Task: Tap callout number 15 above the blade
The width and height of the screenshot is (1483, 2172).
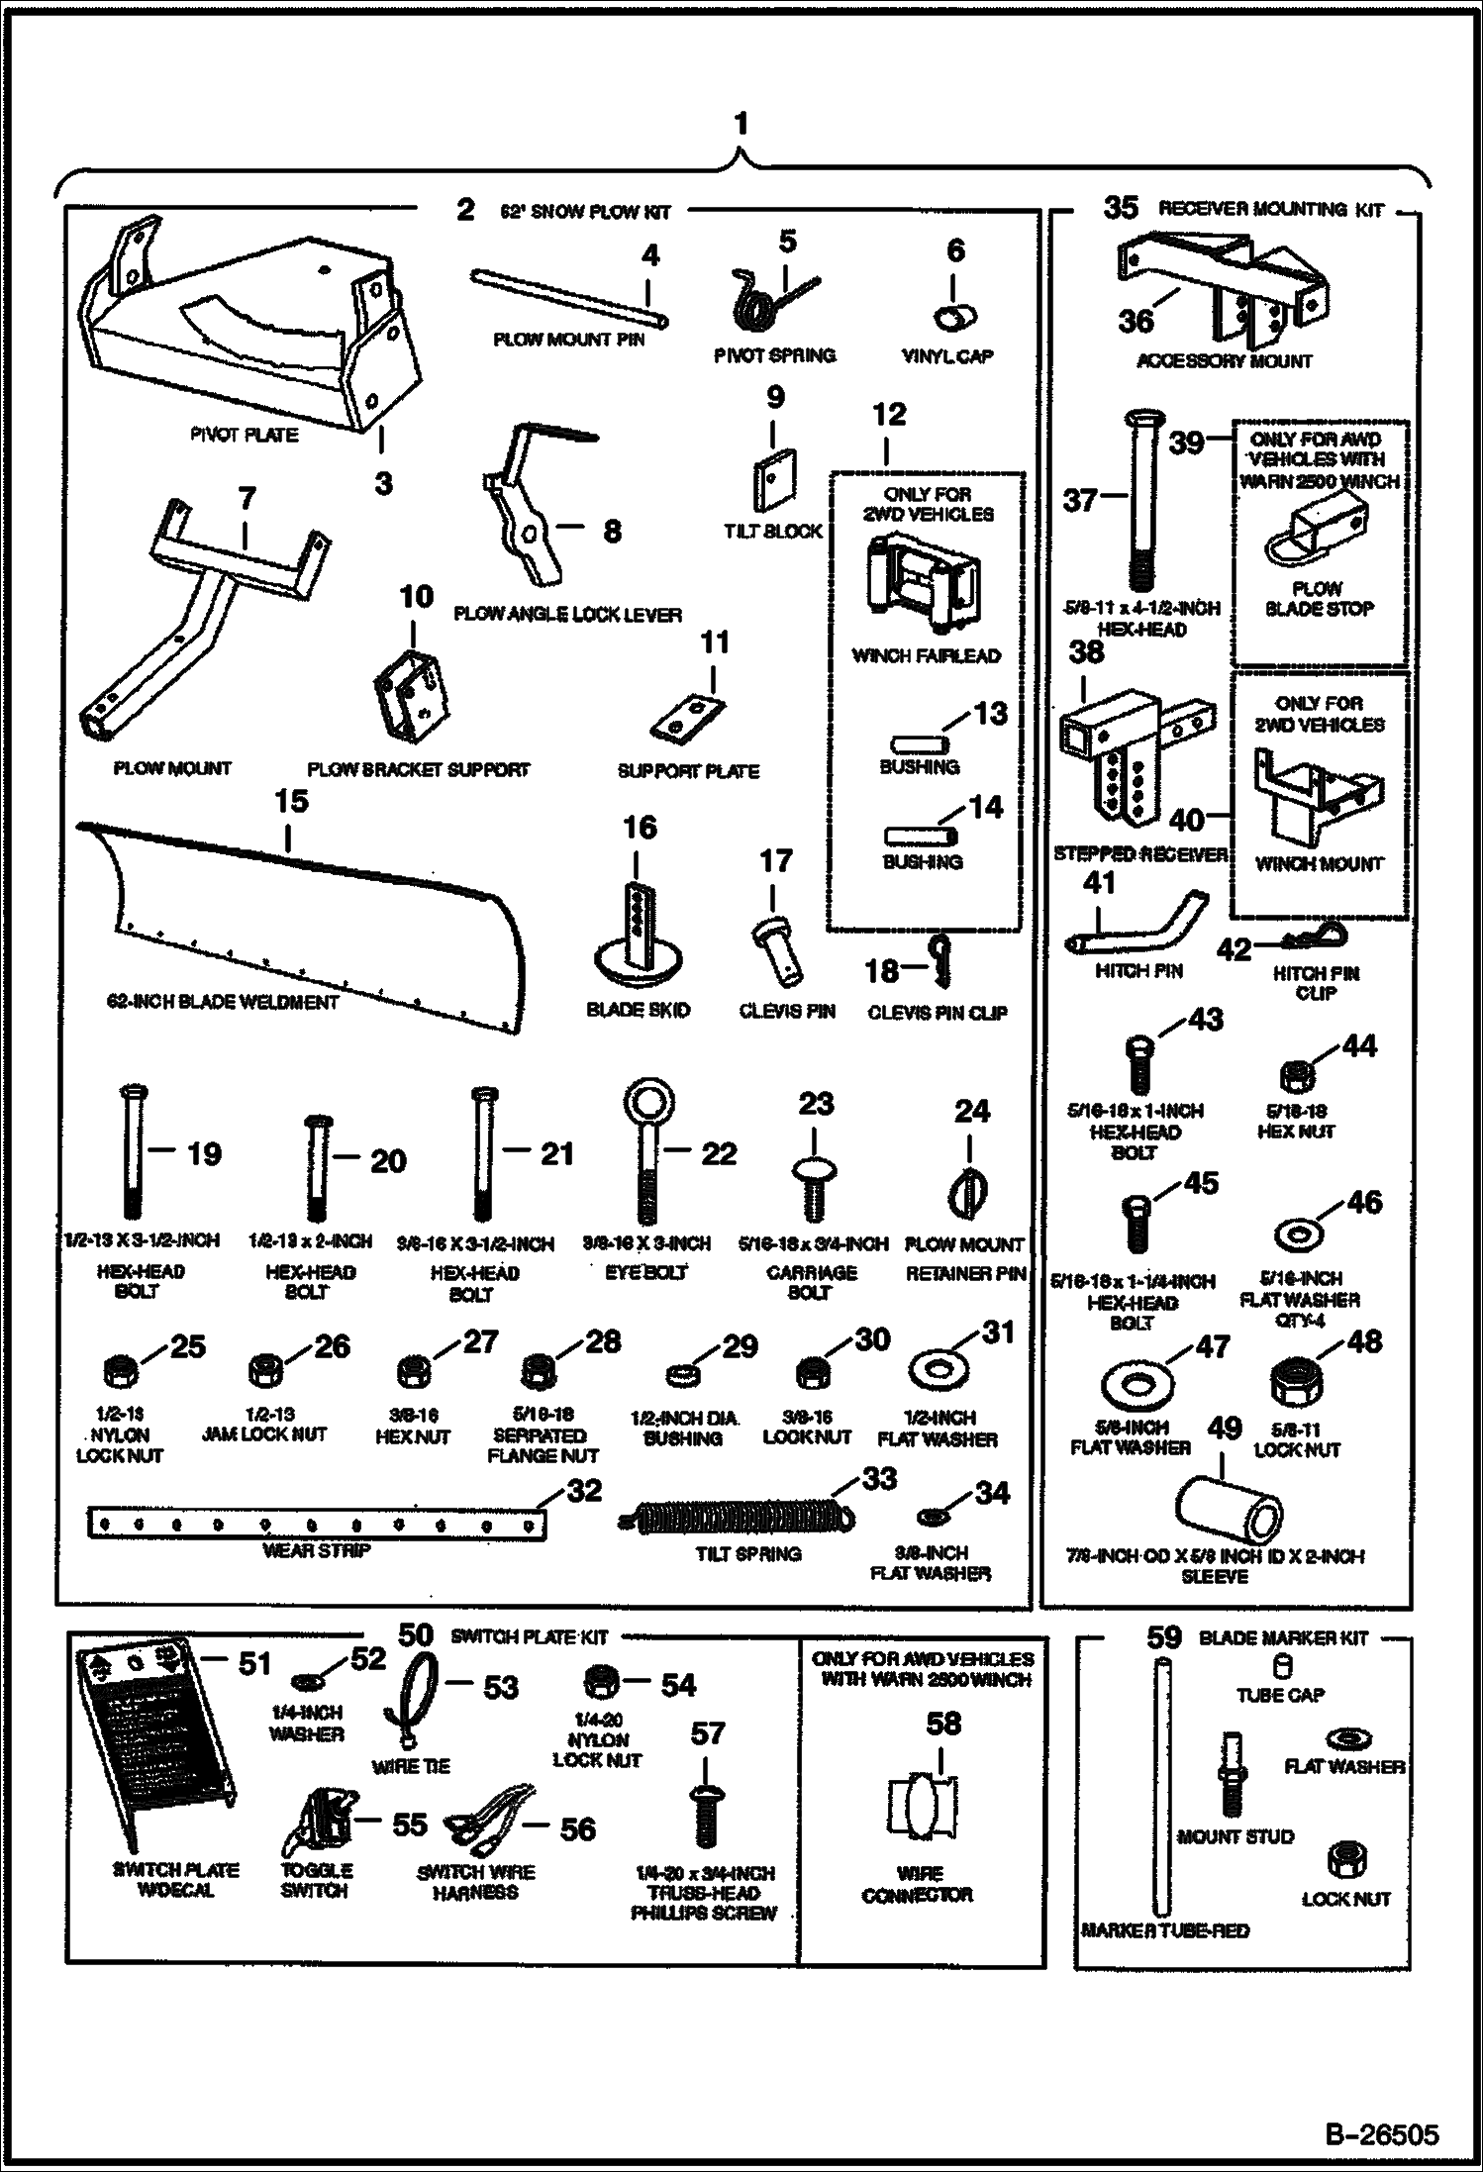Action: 290,801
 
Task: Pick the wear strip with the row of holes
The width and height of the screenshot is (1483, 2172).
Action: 316,1525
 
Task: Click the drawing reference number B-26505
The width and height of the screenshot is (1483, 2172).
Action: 1381,2132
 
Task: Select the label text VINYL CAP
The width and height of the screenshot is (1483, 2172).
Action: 947,356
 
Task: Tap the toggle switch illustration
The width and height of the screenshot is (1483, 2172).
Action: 318,1822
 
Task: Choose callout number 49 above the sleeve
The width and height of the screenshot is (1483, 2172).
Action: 1224,1429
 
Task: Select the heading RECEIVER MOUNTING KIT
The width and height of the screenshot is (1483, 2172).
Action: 1270,210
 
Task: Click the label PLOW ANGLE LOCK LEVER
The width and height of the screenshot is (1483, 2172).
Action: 567,615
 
